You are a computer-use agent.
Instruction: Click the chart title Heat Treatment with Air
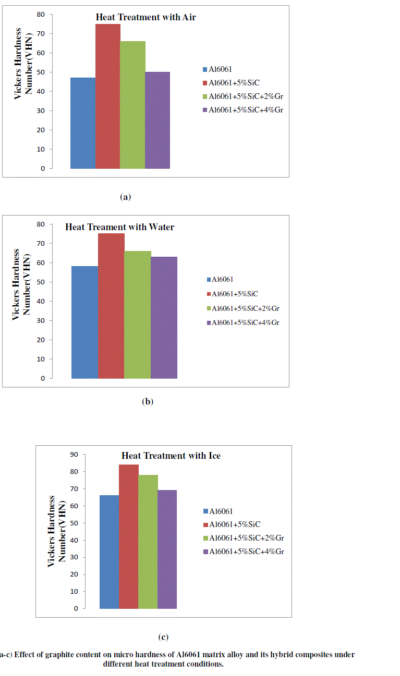146,17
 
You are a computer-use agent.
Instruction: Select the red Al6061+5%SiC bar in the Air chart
108,96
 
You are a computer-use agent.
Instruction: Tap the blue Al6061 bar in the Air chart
83,123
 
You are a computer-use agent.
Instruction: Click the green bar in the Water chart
138,315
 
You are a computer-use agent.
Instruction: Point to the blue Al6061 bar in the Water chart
84,322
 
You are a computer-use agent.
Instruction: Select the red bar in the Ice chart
128,536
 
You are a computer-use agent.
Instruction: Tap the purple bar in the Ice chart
167,549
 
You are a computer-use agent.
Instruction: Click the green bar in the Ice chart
148,542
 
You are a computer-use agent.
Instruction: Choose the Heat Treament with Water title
119,227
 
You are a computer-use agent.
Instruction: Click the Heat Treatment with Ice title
171,456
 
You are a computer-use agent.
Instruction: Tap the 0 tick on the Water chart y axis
42,379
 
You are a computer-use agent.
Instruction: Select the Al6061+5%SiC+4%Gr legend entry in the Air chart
246,110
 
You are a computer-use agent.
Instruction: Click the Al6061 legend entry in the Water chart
221,280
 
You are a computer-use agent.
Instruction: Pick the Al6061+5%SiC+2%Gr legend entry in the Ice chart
246,538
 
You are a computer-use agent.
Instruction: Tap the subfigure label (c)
163,636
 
